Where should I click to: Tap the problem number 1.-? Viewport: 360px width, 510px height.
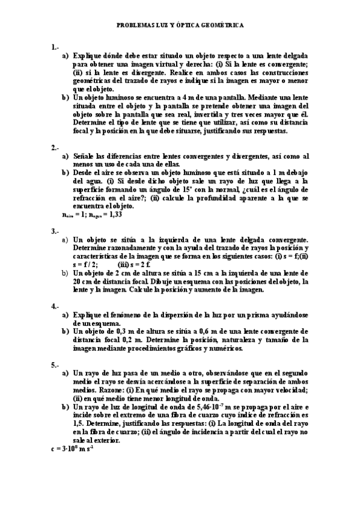55,47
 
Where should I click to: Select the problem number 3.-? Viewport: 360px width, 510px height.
55,231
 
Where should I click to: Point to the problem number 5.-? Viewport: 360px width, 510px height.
55,364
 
